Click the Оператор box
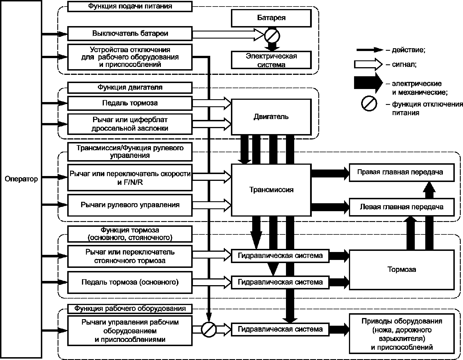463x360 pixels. click(x=21, y=179)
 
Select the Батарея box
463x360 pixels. click(x=271, y=18)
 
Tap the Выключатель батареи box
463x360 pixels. click(x=130, y=33)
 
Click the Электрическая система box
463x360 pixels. click(x=271, y=60)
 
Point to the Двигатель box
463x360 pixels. click(x=271, y=117)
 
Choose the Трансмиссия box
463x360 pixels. click(x=271, y=190)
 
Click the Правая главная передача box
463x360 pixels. click(x=402, y=172)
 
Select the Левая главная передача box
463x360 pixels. click(x=402, y=207)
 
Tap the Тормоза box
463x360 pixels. click(x=402, y=270)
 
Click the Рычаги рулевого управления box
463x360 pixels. click(x=130, y=205)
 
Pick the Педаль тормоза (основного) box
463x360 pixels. click(x=130, y=282)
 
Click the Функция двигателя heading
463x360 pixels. click(x=130, y=88)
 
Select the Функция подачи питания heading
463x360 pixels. click(x=130, y=6)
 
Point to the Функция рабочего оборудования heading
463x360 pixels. click(x=130, y=309)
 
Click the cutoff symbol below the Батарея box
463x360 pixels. click(x=272, y=35)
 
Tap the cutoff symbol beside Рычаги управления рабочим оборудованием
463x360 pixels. click(x=209, y=330)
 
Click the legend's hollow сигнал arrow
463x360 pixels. click(x=369, y=64)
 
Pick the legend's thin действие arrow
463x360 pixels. click(x=370, y=50)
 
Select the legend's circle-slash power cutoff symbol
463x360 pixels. click(x=369, y=103)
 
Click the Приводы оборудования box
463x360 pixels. click(x=402, y=334)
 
